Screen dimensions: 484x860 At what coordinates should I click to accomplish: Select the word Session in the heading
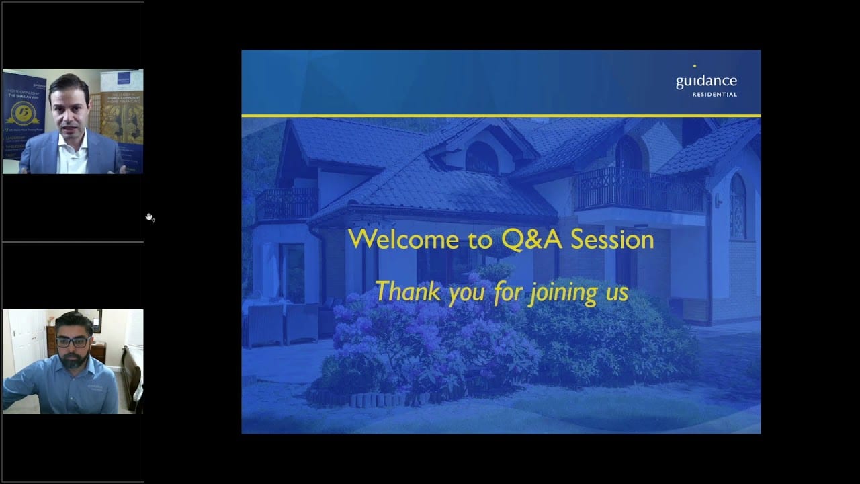tap(613, 239)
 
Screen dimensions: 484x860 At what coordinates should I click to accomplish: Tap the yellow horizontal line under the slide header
tap(501, 116)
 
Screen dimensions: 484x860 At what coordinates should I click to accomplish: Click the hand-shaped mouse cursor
tap(150, 217)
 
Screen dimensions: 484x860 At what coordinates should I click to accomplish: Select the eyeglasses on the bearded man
tap(73, 341)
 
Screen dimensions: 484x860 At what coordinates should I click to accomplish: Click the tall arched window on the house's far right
tap(738, 205)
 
